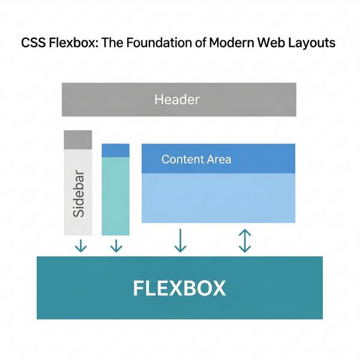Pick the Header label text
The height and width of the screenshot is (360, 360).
[176, 99]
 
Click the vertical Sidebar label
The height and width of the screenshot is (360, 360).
[78, 193]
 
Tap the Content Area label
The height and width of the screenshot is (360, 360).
[196, 160]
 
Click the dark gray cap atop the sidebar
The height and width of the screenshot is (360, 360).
[78, 139]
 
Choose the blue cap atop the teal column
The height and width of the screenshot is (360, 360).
[116, 150]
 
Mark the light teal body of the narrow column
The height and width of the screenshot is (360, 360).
[116, 196]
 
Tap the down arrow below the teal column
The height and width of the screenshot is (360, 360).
[116, 245]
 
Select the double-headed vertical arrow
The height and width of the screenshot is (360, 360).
[244, 241]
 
